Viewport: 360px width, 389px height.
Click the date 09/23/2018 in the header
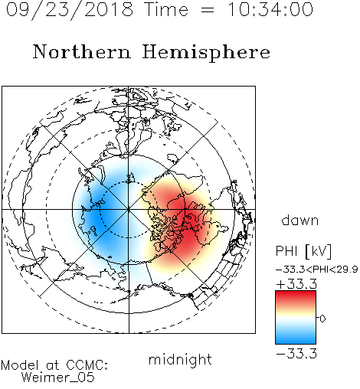pyautogui.click(x=70, y=10)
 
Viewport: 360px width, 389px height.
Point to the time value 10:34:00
pyautogui.click(x=270, y=10)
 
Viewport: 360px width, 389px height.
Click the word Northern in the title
pyautogui.click(x=82, y=51)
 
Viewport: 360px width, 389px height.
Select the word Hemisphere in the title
pyautogui.click(x=206, y=53)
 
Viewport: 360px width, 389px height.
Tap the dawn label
pyautogui.click(x=300, y=221)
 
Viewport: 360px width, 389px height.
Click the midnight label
pyautogui.click(x=180, y=361)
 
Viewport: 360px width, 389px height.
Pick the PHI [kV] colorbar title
pyautogui.click(x=303, y=251)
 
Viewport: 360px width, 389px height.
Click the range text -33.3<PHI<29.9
pyautogui.click(x=317, y=270)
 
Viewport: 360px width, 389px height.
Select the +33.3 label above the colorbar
pyautogui.click(x=296, y=284)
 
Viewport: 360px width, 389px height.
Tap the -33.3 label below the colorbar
pyautogui.click(x=296, y=354)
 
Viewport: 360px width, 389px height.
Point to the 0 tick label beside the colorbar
pyautogui.click(x=322, y=319)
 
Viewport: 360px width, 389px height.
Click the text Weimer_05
pyautogui.click(x=58, y=378)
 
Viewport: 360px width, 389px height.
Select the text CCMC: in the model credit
pyautogui.click(x=87, y=365)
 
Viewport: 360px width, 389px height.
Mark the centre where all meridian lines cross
pyautogui.click(x=129, y=209)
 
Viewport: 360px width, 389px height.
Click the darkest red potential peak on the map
pyautogui.click(x=188, y=224)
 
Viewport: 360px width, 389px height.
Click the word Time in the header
pyautogui.click(x=166, y=10)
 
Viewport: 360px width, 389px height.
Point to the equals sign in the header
pyautogui.click(x=208, y=11)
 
